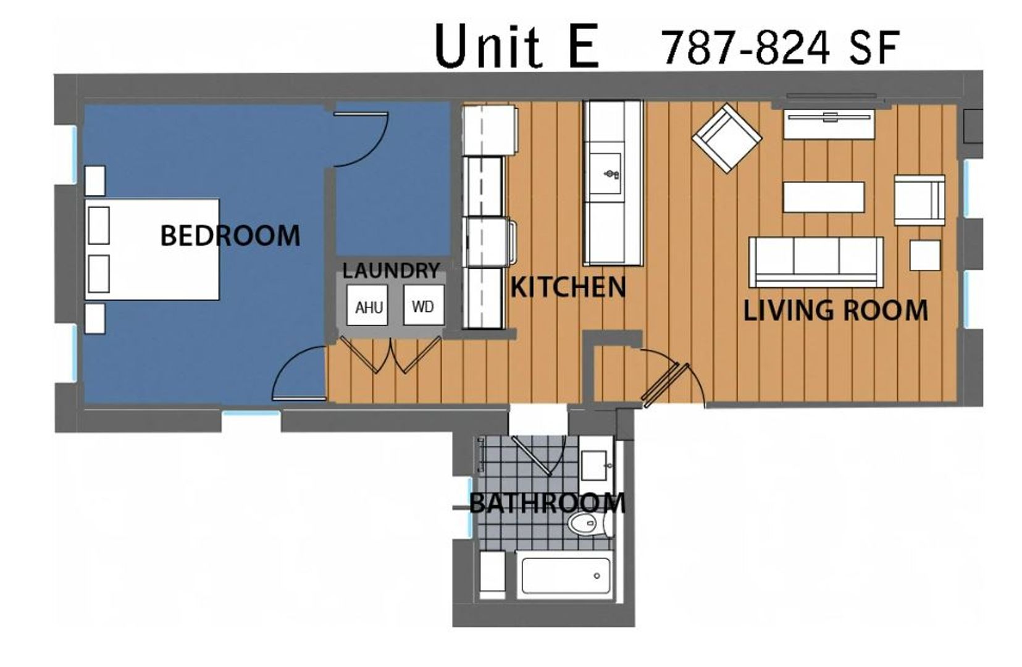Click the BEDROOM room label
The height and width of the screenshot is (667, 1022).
point(230,235)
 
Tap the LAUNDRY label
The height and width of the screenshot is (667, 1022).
point(391,271)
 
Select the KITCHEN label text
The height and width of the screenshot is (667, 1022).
point(568,287)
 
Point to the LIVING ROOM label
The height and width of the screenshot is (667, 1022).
point(836,310)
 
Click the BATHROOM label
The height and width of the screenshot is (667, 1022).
point(547,504)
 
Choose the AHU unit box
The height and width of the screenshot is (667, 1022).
point(367,305)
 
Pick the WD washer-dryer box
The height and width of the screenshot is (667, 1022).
point(424,305)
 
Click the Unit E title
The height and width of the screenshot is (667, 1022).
point(516,46)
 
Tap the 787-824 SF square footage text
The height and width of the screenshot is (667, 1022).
point(781,48)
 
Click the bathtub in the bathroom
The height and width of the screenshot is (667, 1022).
point(565,576)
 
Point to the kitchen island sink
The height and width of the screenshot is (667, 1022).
point(605,174)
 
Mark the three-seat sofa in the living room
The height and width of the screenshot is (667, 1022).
point(816,262)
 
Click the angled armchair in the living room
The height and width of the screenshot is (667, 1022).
point(727,138)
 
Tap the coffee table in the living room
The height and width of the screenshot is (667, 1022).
point(824,197)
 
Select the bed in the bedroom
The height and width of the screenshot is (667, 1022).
point(152,250)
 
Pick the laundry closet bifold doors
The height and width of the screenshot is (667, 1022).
point(390,354)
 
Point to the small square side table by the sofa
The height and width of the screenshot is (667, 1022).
point(925,256)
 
